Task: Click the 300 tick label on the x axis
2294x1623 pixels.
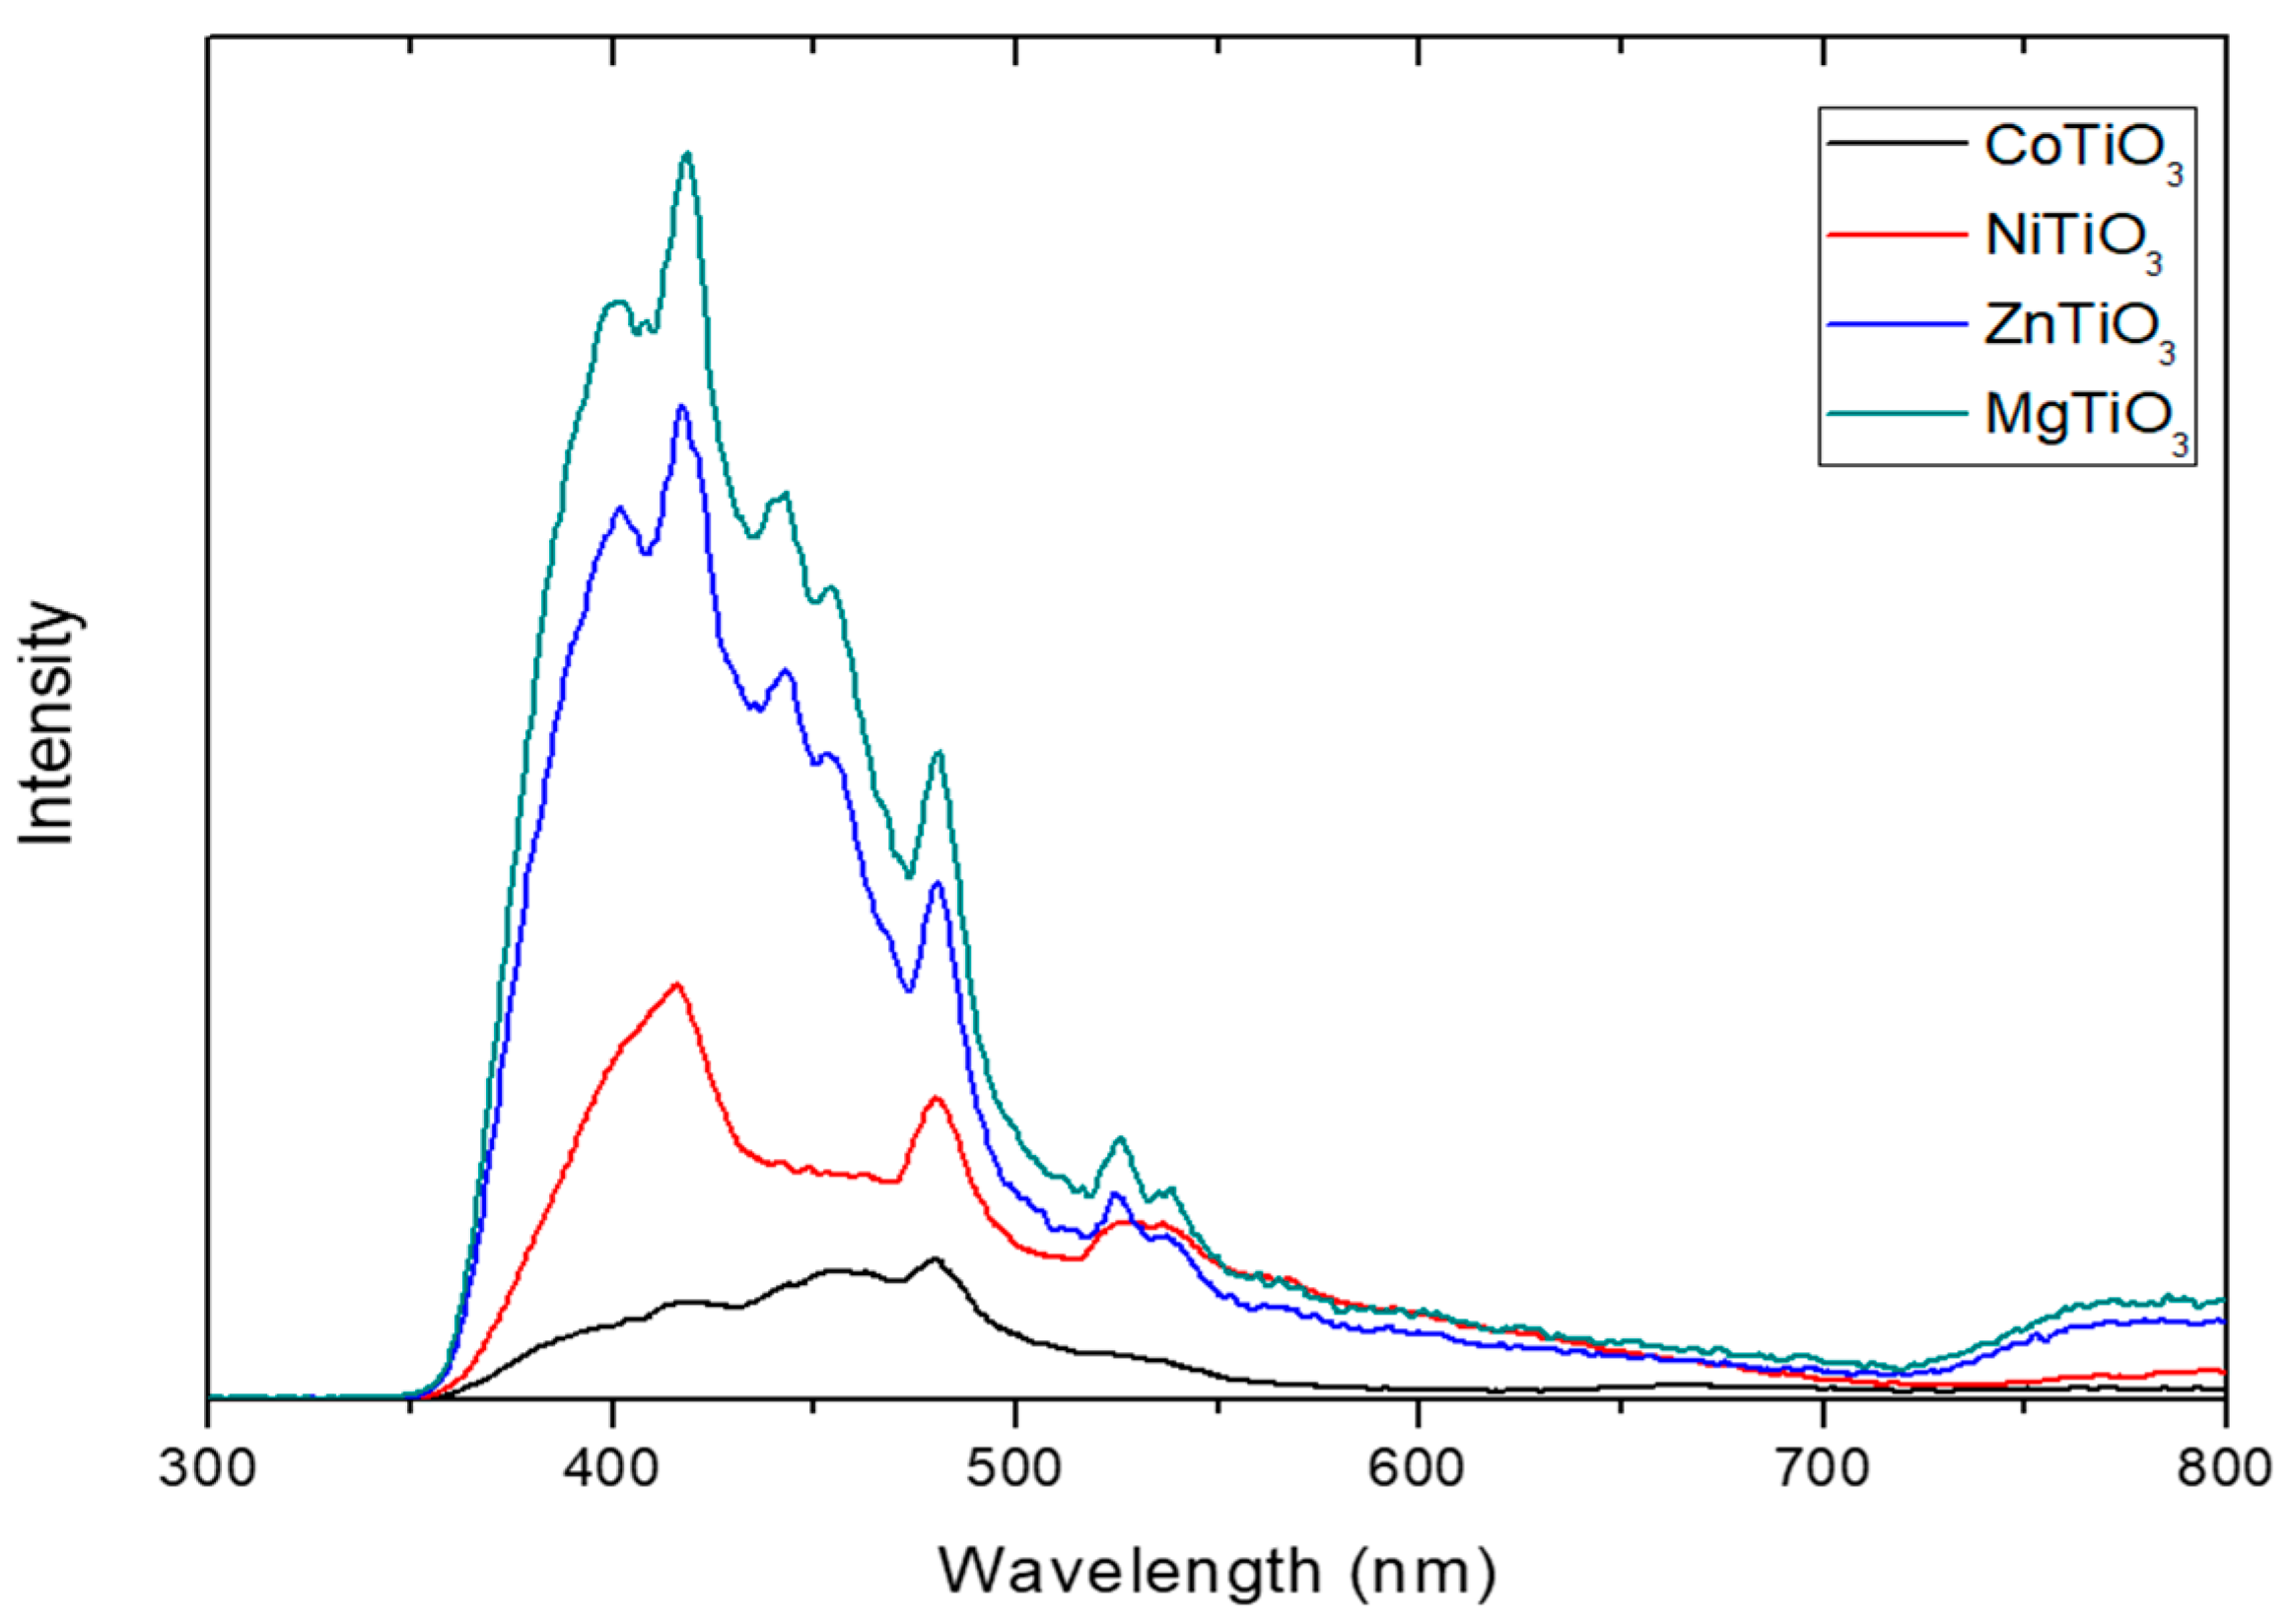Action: [x=208, y=1470]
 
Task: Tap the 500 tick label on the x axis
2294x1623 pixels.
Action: [x=1015, y=1470]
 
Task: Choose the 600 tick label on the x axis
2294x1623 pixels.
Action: [x=1419, y=1470]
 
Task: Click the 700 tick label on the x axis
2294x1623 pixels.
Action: [x=1822, y=1470]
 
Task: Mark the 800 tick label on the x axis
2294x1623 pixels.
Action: [x=2223, y=1470]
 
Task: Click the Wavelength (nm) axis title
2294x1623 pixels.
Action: [x=1217, y=1571]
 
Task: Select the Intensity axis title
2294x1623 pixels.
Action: [x=47, y=723]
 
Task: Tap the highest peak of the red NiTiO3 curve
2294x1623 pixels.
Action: [x=677, y=983]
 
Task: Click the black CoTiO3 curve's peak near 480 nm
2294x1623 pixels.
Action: [x=936, y=1259]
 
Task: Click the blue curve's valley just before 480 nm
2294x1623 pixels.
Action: [x=908, y=990]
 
